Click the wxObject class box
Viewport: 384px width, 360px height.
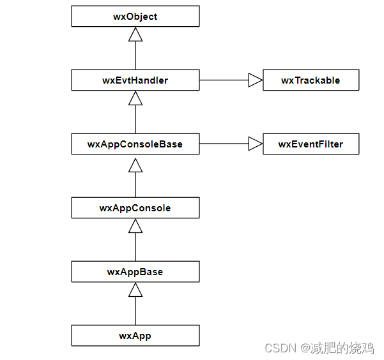[x=135, y=17]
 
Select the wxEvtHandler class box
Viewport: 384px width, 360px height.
[x=135, y=80]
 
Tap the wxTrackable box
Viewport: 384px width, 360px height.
[x=311, y=80]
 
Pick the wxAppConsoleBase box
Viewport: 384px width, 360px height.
[x=135, y=144]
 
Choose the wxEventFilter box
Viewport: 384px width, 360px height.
[x=311, y=144]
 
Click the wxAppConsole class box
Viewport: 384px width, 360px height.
[x=135, y=208]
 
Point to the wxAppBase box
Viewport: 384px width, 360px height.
[x=135, y=272]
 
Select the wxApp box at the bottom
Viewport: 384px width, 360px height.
[x=135, y=335]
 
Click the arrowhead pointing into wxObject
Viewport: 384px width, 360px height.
[x=135, y=34]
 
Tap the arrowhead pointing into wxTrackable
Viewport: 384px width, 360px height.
[x=255, y=80]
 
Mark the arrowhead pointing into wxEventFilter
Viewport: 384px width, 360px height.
[x=255, y=144]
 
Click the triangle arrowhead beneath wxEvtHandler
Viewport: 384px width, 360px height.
[x=135, y=98]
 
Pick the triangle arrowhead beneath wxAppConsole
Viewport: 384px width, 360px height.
[x=135, y=226]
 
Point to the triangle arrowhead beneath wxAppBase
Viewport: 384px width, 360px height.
[x=135, y=290]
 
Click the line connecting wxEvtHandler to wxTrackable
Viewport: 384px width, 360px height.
[x=224, y=80]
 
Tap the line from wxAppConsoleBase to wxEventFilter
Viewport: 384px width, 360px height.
[x=224, y=144]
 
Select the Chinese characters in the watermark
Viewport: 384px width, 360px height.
[x=342, y=348]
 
